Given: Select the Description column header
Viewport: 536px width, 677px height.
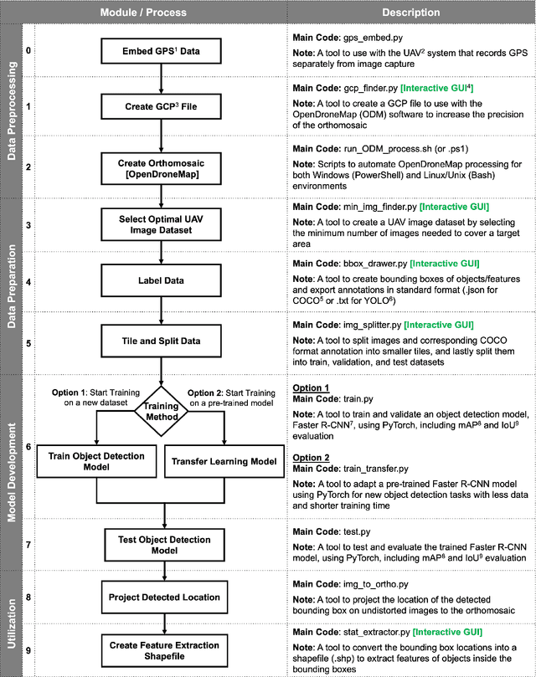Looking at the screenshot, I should point(411,13).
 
